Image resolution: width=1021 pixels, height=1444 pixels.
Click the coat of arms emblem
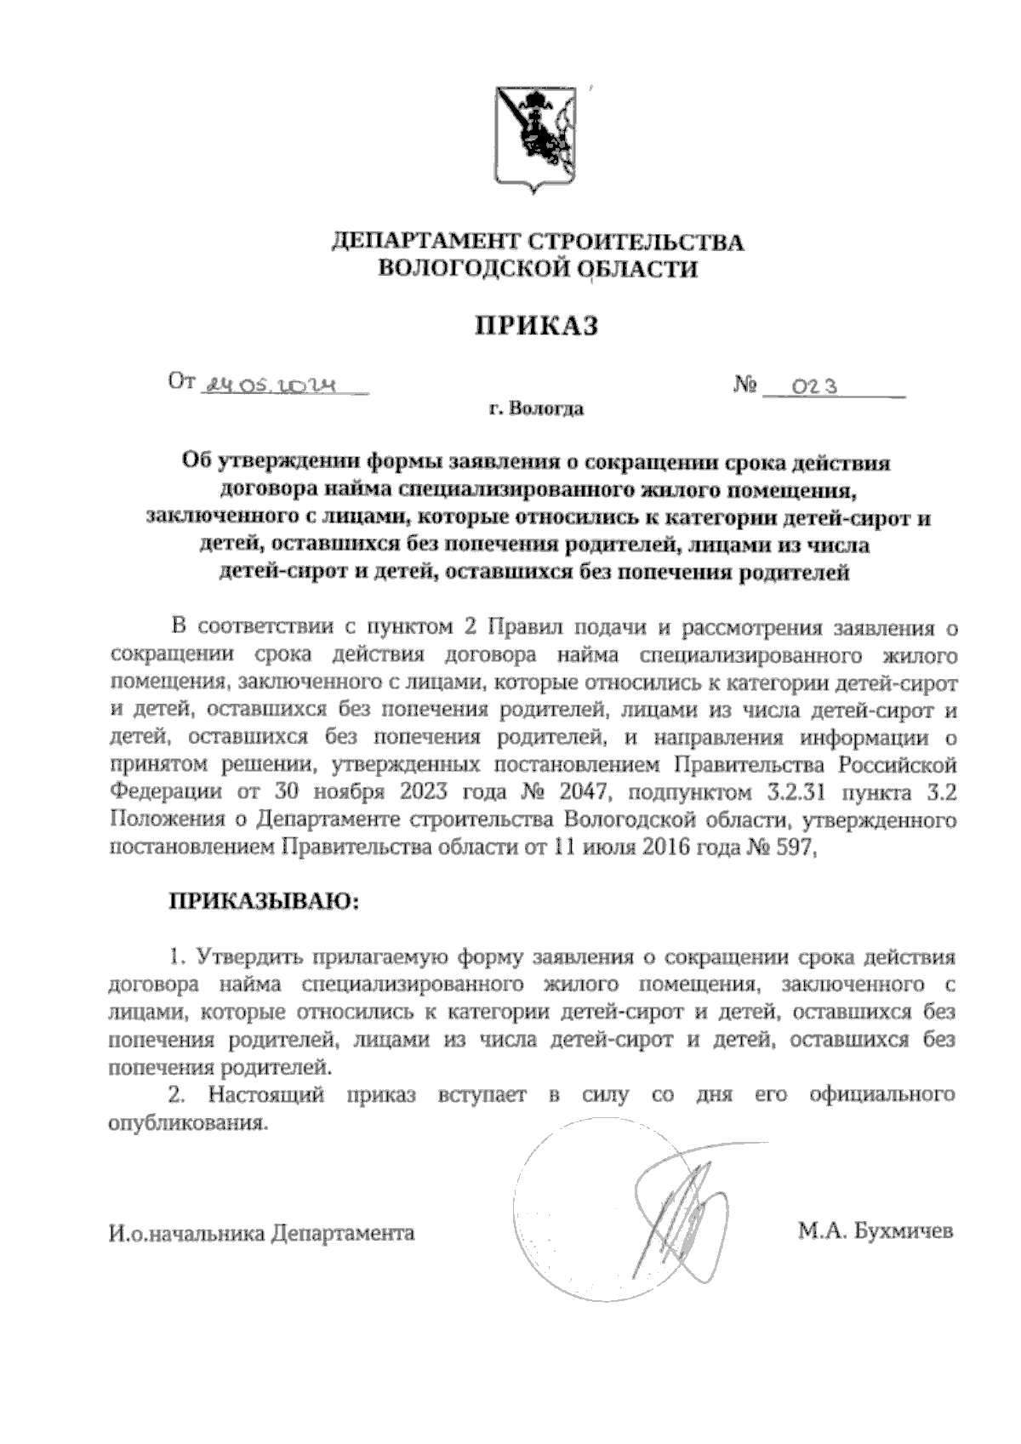(536, 139)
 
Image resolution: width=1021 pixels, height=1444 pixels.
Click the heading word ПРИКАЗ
(537, 326)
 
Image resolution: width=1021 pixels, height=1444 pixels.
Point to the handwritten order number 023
(814, 387)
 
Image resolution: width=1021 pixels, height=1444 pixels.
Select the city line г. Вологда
(536, 410)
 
